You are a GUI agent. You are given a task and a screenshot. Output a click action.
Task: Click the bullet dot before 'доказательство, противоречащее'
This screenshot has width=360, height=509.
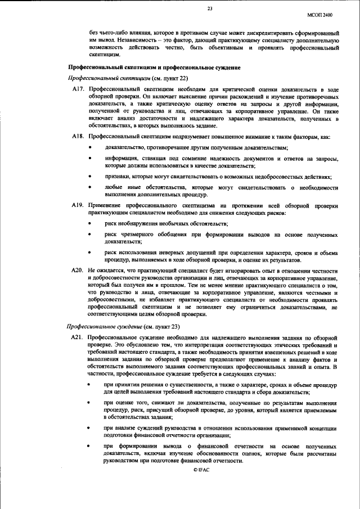tap(92, 148)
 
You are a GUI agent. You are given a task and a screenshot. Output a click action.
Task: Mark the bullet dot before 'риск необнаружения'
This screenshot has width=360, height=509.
tap(92, 224)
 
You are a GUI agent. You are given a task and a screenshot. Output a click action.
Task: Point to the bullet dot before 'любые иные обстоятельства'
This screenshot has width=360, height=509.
tap(92, 187)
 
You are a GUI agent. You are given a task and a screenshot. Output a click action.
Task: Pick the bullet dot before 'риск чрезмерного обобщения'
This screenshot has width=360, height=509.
tap(92, 235)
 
